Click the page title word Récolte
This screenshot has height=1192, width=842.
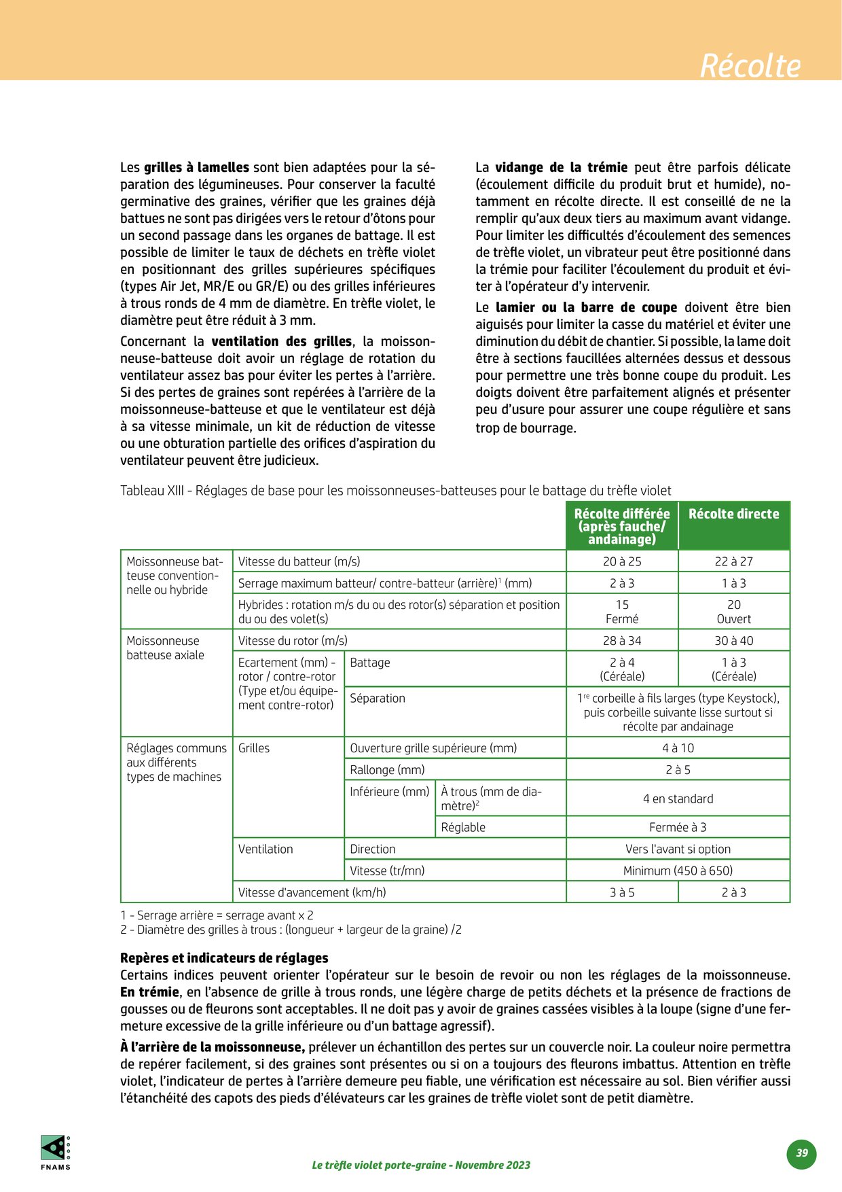click(x=750, y=66)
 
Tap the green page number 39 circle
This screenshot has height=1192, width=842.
click(x=802, y=1153)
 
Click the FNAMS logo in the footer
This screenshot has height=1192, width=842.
click(x=55, y=1152)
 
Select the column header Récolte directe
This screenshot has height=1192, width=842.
click(x=733, y=514)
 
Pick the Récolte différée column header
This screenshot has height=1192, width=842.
click(x=622, y=526)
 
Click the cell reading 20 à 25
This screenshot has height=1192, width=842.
click(x=622, y=561)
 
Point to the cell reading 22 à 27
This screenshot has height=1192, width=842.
click(x=733, y=561)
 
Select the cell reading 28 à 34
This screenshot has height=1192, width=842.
click(x=622, y=640)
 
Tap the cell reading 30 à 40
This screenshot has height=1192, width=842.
click(x=733, y=640)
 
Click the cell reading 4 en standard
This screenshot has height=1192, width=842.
click(x=678, y=799)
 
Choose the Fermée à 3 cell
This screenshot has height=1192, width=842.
click(x=678, y=827)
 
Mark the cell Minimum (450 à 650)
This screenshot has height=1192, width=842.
click(x=678, y=871)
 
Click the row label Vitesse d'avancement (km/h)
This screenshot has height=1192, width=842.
click(x=312, y=892)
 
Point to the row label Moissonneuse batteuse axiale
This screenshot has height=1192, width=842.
click(x=165, y=648)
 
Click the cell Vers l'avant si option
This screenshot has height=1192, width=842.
click(x=678, y=849)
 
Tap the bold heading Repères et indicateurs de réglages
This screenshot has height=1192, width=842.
click(x=224, y=958)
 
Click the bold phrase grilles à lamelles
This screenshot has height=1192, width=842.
click(x=196, y=167)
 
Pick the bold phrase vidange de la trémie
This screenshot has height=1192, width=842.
click(x=561, y=167)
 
